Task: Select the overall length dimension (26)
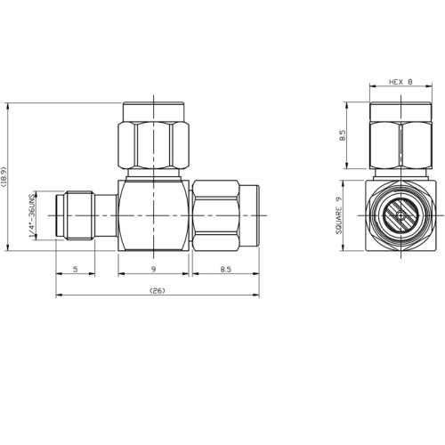pos(157,290)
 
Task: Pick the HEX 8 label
pos(400,84)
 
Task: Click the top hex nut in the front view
pos(155,140)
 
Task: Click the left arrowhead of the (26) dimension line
pos(60,296)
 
